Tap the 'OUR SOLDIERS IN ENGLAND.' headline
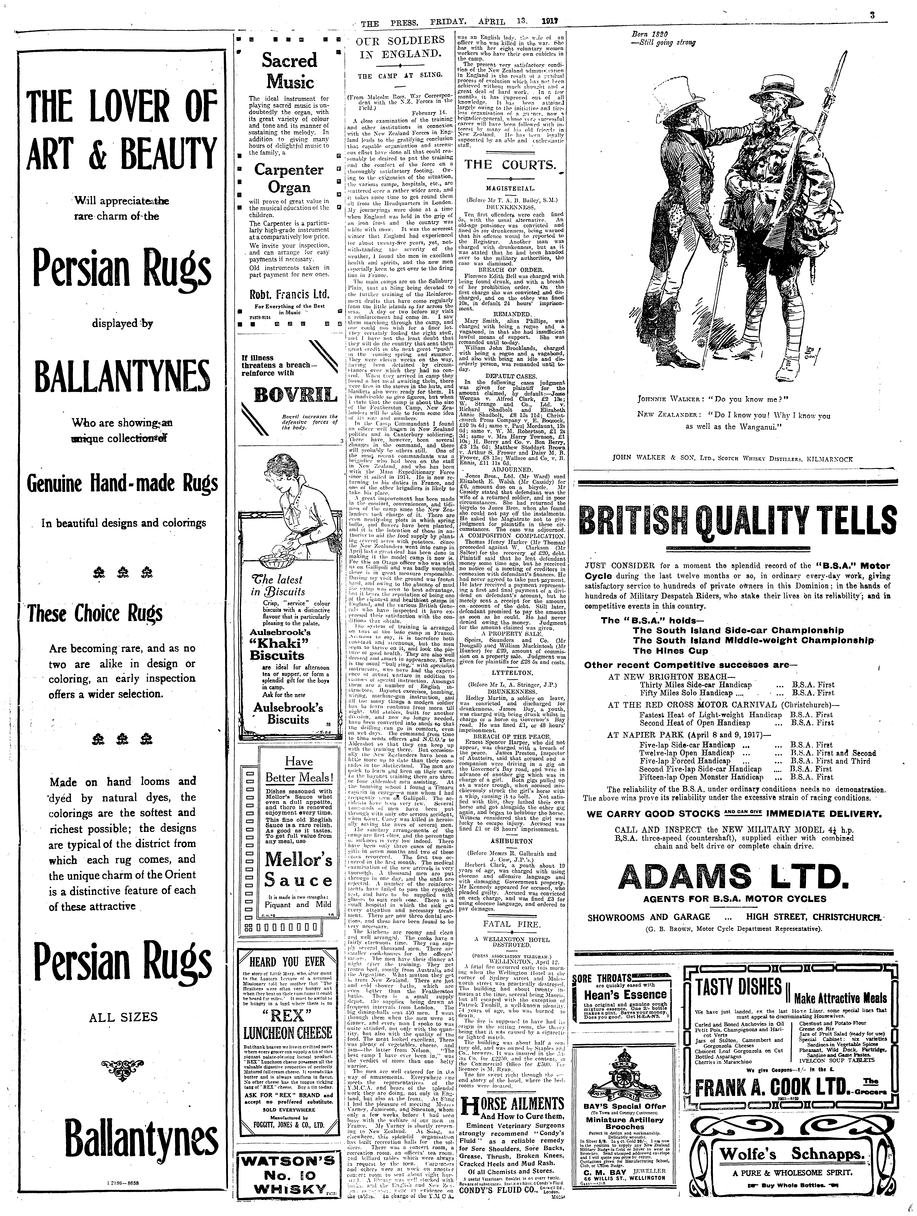(x=399, y=47)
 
